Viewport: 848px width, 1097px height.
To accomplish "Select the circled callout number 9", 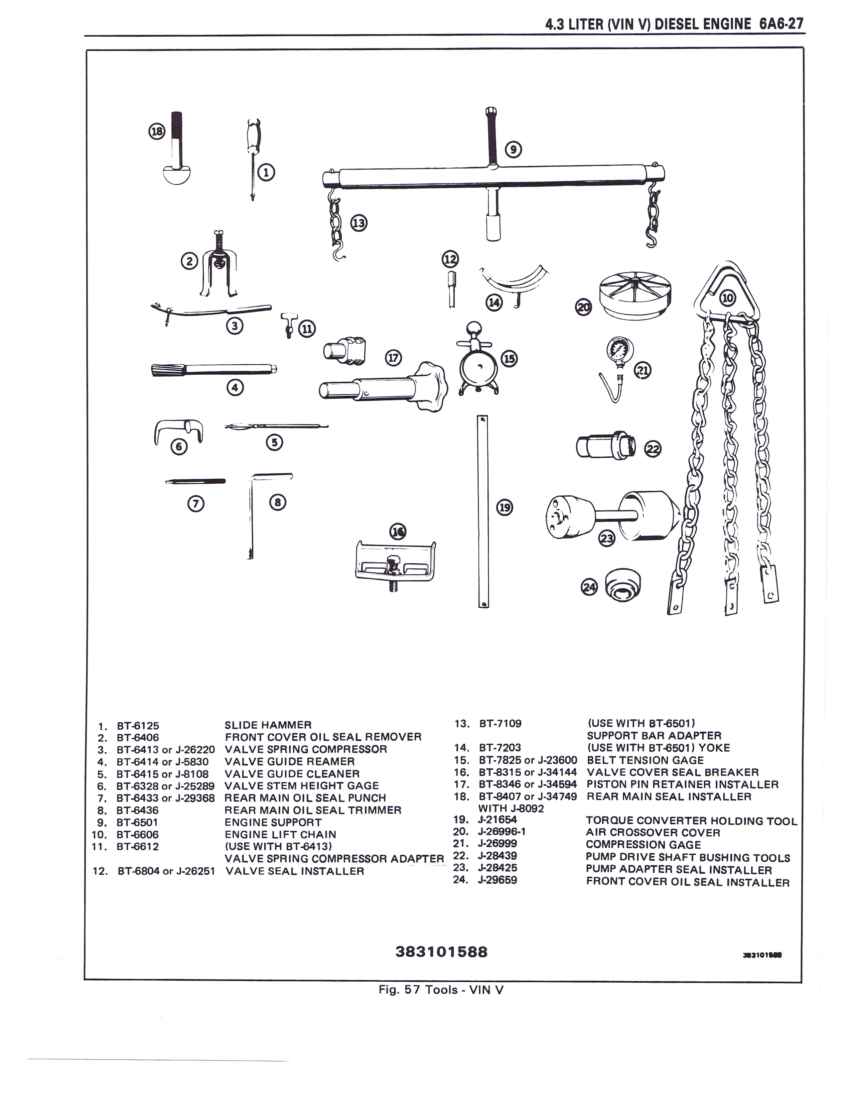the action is point(513,149).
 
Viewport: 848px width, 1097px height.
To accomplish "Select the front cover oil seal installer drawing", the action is point(622,585).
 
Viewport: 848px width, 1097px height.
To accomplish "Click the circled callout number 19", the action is point(504,508).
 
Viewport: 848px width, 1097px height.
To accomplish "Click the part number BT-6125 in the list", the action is point(138,726).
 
